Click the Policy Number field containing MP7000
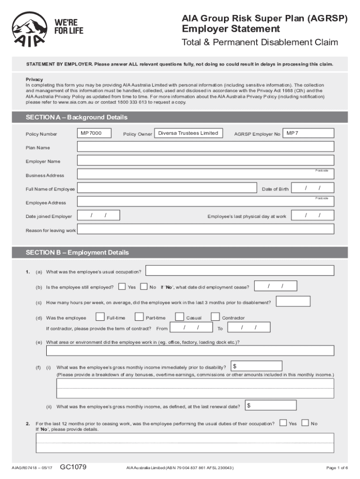tap(95, 134)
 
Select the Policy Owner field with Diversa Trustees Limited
tap(188, 133)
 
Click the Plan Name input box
tap(206, 147)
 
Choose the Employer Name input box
tap(206, 161)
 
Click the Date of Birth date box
tap(313, 188)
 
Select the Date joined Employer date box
tap(98, 215)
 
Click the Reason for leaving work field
tap(206, 229)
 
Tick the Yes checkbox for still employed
tap(122, 286)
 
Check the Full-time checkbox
tap(100, 317)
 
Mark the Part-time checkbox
tap(139, 317)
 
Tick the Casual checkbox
tap(179, 317)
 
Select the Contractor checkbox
tap(215, 317)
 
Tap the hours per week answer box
tap(293, 302)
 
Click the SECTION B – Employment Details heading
tap(77, 253)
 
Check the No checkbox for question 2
tap(305, 423)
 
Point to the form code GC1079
tap(73, 467)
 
